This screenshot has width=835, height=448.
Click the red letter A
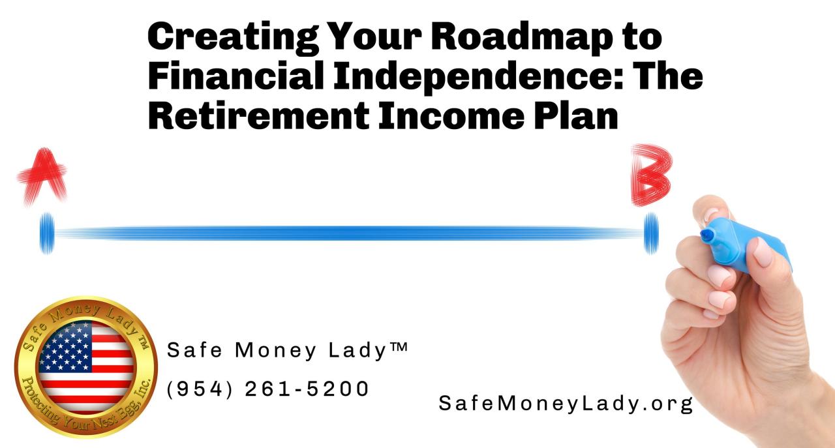pyautogui.click(x=42, y=174)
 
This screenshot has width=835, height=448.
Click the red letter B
pyautogui.click(x=650, y=175)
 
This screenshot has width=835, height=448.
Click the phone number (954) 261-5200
pyautogui.click(x=268, y=389)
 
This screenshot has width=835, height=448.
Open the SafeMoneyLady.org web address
pyautogui.click(x=566, y=404)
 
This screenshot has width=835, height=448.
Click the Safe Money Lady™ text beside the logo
pyautogui.click(x=288, y=350)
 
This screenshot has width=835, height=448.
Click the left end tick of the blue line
pyautogui.click(x=46, y=233)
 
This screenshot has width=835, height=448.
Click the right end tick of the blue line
pyautogui.click(x=651, y=233)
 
